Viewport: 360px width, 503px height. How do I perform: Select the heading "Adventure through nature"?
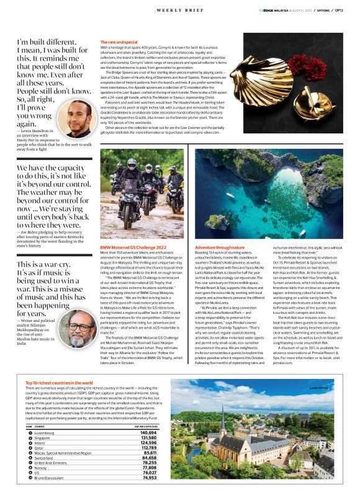(218, 247)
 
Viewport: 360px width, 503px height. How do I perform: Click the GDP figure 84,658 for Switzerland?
(147, 458)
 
